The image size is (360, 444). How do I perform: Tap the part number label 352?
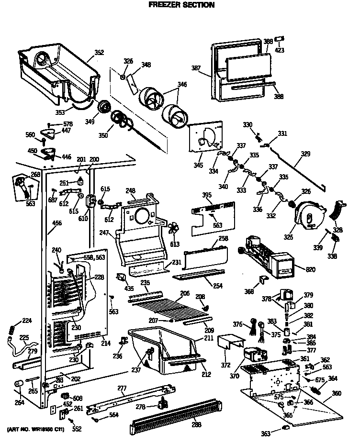click(99, 53)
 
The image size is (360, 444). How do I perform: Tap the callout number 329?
click(305, 154)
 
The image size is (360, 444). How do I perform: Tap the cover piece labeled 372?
click(228, 342)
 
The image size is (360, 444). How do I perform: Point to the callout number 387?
click(196, 68)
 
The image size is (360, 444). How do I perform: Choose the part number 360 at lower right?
click(337, 393)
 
